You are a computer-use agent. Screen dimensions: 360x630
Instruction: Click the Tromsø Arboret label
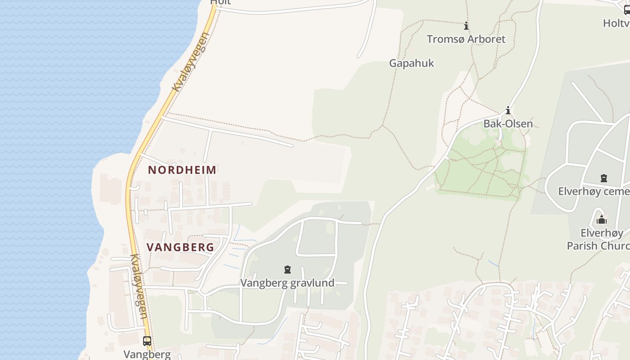click(x=466, y=39)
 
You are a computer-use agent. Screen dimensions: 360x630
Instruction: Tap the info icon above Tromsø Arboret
click(x=466, y=26)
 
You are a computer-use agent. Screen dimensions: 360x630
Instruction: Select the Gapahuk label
click(x=411, y=63)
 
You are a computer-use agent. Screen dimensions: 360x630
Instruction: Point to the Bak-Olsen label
click(x=508, y=124)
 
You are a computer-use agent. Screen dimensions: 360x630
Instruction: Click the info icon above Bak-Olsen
click(x=508, y=111)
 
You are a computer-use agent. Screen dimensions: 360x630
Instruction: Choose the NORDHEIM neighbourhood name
click(x=182, y=170)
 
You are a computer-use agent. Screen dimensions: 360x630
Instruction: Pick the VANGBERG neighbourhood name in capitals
click(x=180, y=247)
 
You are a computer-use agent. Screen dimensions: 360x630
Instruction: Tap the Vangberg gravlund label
click(x=287, y=283)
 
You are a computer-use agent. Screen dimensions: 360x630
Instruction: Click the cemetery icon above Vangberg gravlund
click(x=287, y=270)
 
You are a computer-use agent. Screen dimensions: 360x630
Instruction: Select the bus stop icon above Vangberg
click(x=147, y=341)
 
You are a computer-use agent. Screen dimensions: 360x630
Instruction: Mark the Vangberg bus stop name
click(x=147, y=354)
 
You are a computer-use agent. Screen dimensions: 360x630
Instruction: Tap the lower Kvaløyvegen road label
click(x=138, y=287)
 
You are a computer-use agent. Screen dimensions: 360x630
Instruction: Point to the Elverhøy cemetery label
click(x=593, y=192)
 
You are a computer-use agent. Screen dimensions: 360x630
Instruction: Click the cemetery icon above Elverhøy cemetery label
click(x=604, y=178)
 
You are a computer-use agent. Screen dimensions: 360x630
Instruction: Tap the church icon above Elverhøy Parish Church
click(x=601, y=220)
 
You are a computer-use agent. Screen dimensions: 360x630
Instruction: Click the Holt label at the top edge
click(x=220, y=2)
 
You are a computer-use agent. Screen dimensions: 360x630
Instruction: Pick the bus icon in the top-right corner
click(x=627, y=10)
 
